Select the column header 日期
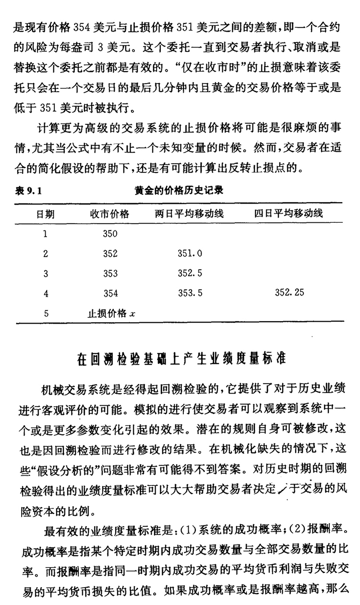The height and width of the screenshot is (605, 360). (x=46, y=214)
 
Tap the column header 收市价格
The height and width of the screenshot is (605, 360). (x=110, y=214)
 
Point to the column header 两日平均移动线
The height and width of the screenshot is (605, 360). (x=189, y=214)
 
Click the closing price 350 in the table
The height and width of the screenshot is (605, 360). (x=110, y=234)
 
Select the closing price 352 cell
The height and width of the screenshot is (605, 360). (x=110, y=254)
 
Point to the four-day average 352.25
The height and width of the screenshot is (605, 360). (x=289, y=292)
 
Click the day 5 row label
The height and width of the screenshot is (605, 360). (x=46, y=314)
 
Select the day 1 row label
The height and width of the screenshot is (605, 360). (x=46, y=234)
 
